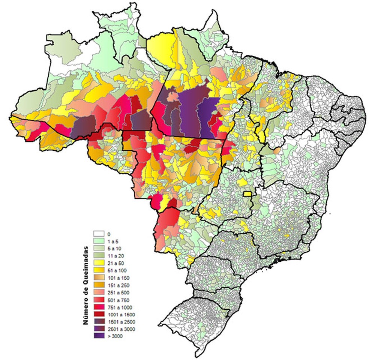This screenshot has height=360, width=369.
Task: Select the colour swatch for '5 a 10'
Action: click(98, 249)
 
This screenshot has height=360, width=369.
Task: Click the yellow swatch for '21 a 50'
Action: click(98, 263)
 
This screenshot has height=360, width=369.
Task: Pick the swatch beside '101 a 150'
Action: click(98, 277)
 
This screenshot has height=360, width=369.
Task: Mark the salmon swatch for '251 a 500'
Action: click(98, 292)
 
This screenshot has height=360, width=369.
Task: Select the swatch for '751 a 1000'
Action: click(98, 307)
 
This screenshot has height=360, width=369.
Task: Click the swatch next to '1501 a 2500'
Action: click(98, 321)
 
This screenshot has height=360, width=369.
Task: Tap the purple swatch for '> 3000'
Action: click(98, 336)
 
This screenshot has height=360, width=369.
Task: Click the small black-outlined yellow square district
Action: click(247, 194)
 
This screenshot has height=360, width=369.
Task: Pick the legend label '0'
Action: click(109, 234)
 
